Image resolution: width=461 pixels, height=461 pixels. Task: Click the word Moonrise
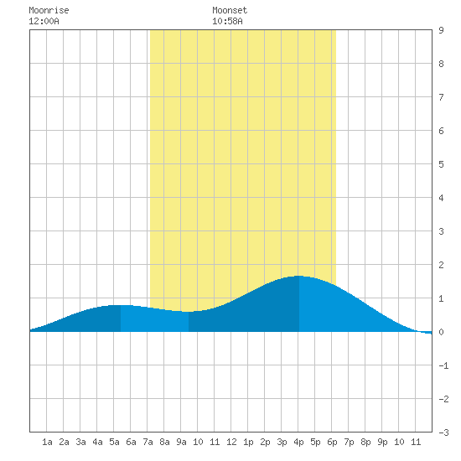49,10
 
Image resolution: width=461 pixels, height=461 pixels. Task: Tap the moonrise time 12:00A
44,21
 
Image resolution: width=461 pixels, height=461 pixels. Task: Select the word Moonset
230,10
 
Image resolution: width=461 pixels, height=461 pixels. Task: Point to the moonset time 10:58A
227,21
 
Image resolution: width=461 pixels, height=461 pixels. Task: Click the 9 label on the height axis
441,30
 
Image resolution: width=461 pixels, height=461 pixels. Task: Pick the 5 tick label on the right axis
441,164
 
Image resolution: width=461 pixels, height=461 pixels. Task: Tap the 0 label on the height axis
441,332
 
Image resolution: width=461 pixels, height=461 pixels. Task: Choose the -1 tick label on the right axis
443,365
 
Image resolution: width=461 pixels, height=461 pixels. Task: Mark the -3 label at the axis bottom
443,433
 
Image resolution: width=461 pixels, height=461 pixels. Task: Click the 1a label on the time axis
47,442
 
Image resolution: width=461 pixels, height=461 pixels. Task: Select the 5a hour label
114,442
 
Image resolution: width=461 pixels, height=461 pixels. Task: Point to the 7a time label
148,442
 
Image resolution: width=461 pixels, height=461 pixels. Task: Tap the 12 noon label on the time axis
231,442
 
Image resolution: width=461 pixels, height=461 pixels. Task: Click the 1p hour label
248,442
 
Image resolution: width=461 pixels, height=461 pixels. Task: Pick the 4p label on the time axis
298,442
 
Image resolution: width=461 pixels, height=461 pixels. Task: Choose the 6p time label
332,442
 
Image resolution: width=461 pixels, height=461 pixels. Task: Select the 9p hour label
382,442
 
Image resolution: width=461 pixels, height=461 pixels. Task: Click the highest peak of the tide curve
299,276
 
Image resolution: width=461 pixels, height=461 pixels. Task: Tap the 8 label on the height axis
441,64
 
